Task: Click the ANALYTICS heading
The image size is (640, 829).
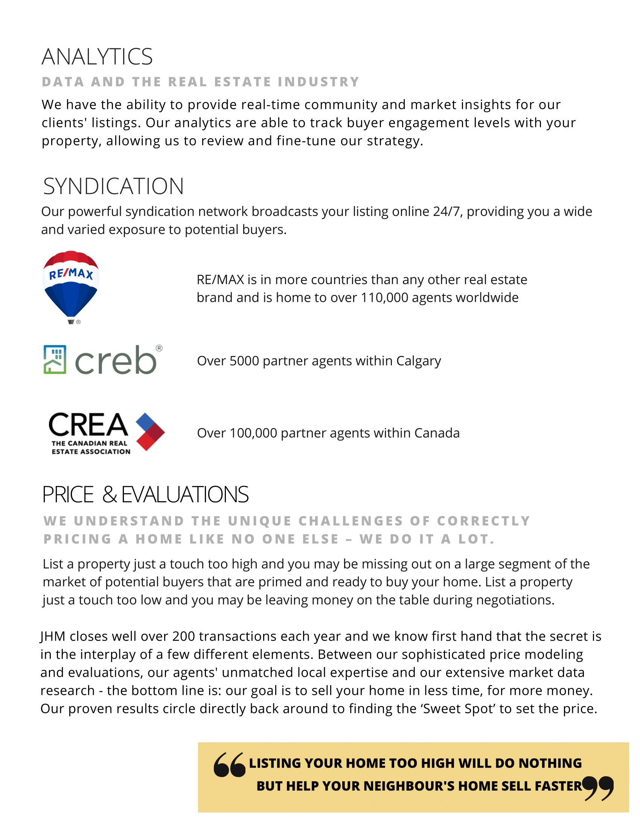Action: (x=97, y=57)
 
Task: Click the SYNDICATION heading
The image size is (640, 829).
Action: (x=113, y=187)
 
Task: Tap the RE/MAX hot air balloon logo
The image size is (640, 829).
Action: (x=71, y=286)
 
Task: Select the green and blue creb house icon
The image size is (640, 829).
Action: (x=55, y=359)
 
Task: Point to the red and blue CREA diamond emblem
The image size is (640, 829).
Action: (x=150, y=431)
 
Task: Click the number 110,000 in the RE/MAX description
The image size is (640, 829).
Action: (x=384, y=298)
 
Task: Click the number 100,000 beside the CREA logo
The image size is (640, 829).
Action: (x=253, y=433)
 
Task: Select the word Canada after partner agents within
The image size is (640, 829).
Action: (x=437, y=433)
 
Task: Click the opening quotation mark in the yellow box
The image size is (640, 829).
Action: (x=229, y=765)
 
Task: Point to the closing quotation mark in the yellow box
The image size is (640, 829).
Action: (x=597, y=788)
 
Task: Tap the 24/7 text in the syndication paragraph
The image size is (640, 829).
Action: (x=447, y=211)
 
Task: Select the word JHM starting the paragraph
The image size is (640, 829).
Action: (x=53, y=636)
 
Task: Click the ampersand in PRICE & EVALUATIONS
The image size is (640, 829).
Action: (x=110, y=495)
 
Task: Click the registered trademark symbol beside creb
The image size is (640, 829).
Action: (x=159, y=348)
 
